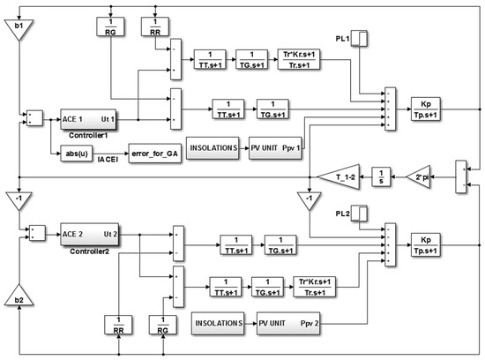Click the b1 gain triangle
(17, 31)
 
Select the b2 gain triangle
(17, 298)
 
